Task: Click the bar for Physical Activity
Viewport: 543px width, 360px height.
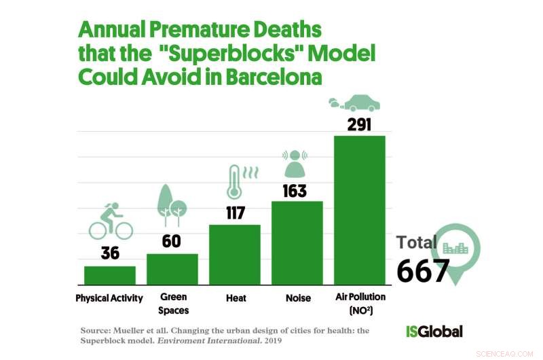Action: tap(109, 274)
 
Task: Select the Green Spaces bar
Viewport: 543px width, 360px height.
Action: tap(172, 268)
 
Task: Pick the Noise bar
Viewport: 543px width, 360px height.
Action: tap(297, 242)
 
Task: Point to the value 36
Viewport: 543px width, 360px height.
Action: tap(110, 253)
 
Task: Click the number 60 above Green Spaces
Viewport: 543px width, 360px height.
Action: tap(172, 241)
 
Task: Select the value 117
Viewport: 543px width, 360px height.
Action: tap(235, 212)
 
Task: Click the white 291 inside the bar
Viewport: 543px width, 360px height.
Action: tap(360, 125)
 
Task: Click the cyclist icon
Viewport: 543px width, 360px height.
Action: tap(110, 221)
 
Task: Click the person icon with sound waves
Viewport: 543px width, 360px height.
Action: tap(296, 161)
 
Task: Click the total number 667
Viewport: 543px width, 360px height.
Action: tap(423, 271)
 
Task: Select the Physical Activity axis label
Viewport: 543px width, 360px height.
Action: tap(109, 298)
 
